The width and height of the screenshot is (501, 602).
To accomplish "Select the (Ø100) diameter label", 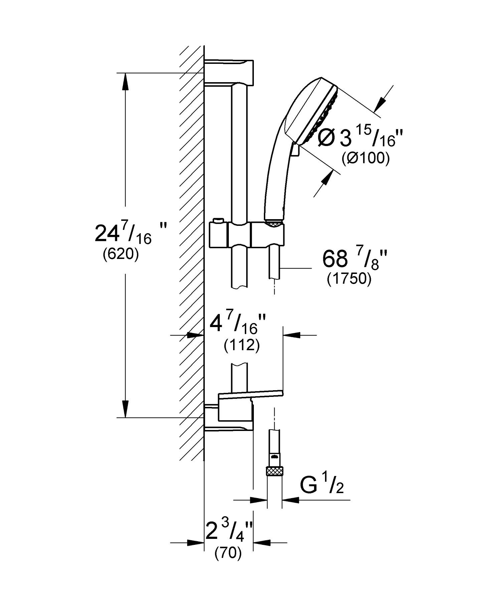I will coord(365,159).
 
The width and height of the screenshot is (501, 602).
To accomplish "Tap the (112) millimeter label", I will coord(241,346).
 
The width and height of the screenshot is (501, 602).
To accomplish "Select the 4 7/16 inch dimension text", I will coord(238,325).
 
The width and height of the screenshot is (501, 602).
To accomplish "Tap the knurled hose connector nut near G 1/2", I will coord(274,471).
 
